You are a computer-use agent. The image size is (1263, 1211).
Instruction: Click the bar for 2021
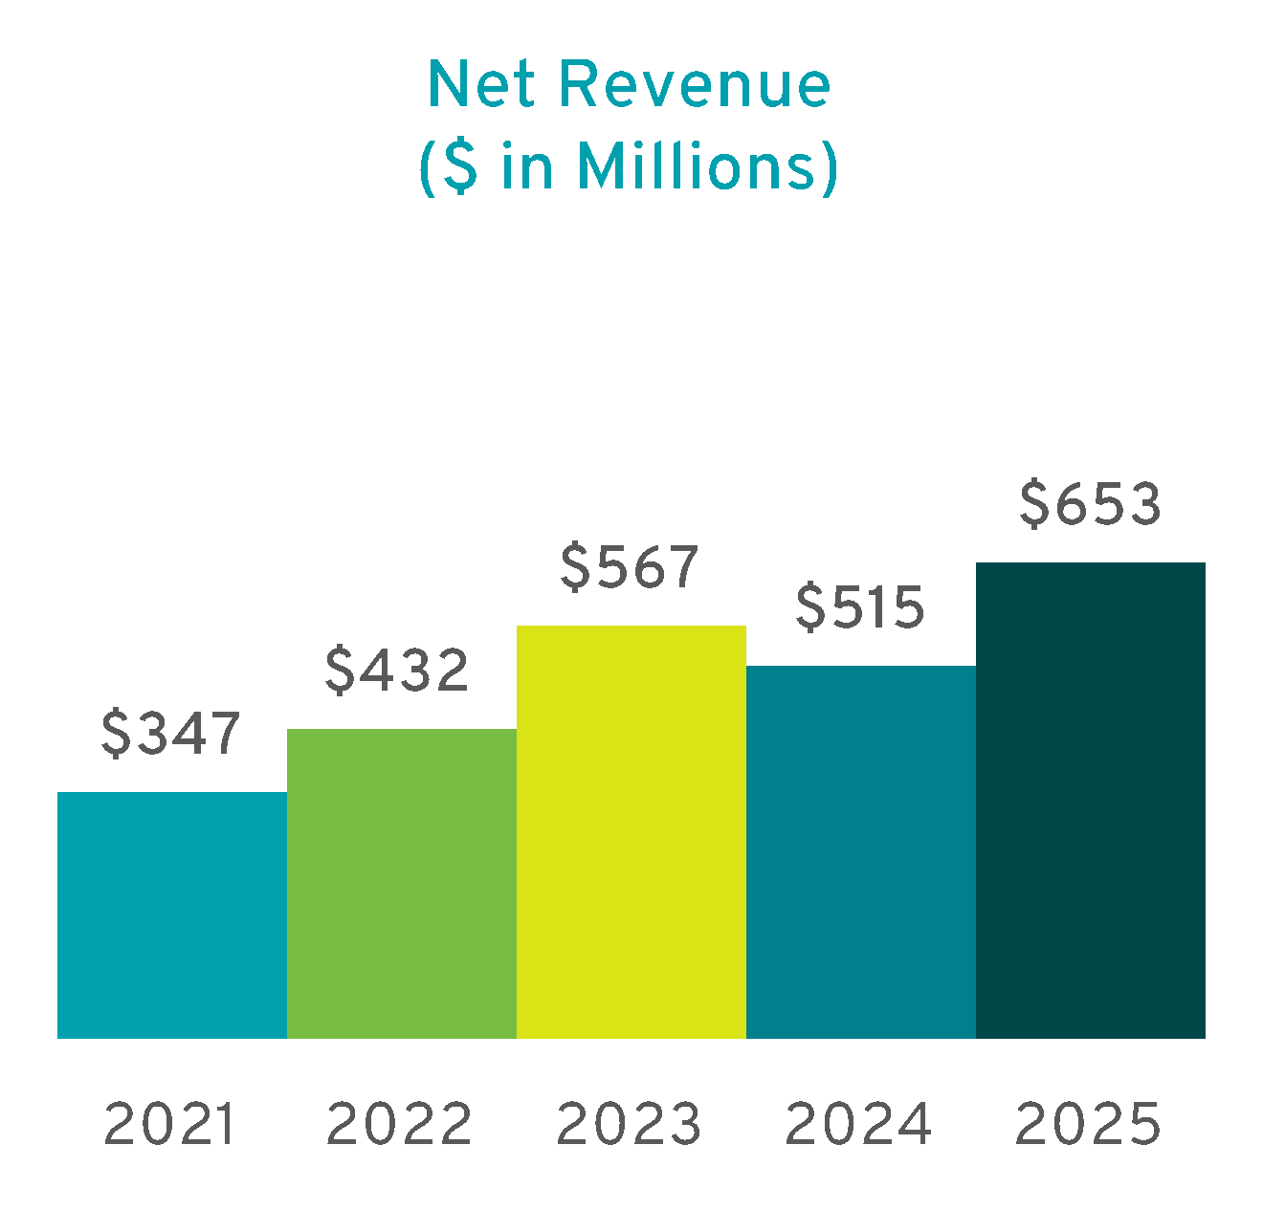coord(172,914)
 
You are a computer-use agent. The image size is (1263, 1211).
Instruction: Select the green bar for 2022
coord(402,883)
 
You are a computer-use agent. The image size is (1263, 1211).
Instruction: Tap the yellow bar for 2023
coord(631,831)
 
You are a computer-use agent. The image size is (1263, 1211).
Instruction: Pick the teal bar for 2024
coord(861,851)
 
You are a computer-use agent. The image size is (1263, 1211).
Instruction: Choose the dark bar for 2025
coord(1091,800)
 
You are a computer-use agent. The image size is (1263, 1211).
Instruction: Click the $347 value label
coord(171,735)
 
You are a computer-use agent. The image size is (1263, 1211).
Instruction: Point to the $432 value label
coord(397,670)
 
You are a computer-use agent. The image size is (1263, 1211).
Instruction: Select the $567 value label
coord(630,566)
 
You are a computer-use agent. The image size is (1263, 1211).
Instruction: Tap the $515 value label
coord(860,607)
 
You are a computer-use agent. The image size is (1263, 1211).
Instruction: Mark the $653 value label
coord(1090,504)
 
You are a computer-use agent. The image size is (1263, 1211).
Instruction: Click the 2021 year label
coord(169,1124)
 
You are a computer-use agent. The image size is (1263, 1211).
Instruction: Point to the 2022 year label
coord(399,1124)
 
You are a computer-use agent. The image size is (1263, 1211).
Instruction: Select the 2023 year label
coord(629,1124)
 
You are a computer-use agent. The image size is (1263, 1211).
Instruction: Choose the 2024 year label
coord(858,1124)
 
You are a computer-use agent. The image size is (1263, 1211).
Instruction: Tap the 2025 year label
coord(1088,1124)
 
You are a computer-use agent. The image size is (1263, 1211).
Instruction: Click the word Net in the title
coord(484,85)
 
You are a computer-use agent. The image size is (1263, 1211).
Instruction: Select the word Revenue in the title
coord(695,85)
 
